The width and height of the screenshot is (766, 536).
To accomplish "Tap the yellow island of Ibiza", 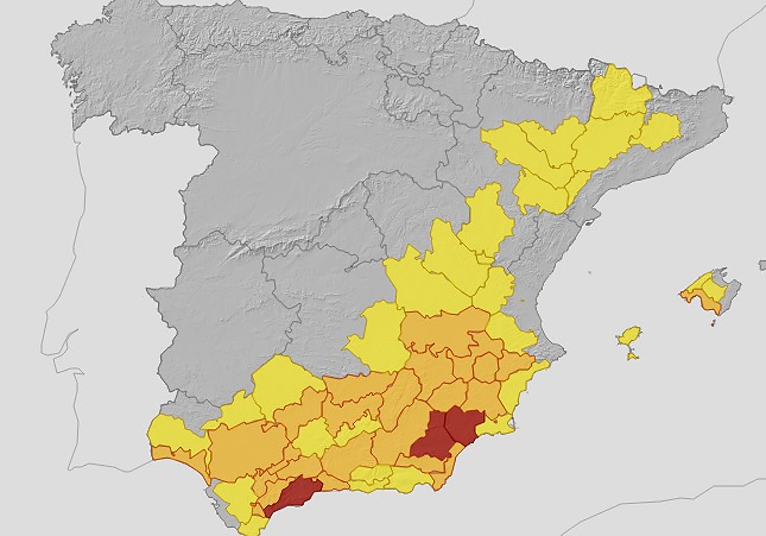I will coord(629,336).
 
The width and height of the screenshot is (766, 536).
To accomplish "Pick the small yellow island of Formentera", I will coord(631,355).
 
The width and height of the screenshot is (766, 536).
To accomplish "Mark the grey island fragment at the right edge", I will coord(762,265).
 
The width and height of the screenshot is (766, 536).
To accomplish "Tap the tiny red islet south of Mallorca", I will coord(713,324).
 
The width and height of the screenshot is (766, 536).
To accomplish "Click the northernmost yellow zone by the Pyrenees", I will coord(618,93).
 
